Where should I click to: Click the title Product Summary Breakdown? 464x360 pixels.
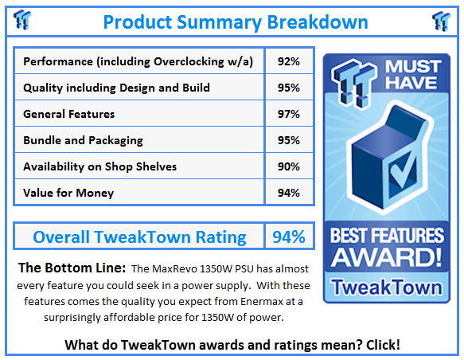tap(236, 22)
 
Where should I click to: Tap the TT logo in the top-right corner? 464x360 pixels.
tap(440, 21)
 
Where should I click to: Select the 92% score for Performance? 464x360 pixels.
tap(289, 61)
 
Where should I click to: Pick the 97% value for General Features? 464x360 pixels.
tap(289, 114)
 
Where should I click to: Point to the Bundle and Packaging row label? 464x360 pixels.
tap(84, 140)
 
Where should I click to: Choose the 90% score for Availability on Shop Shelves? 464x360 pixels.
tap(289, 166)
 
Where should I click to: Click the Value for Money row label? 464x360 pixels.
tap(68, 193)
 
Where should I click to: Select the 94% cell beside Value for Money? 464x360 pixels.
tap(289, 193)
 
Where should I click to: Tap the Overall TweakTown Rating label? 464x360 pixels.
tap(139, 237)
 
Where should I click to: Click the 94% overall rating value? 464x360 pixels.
tap(289, 237)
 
